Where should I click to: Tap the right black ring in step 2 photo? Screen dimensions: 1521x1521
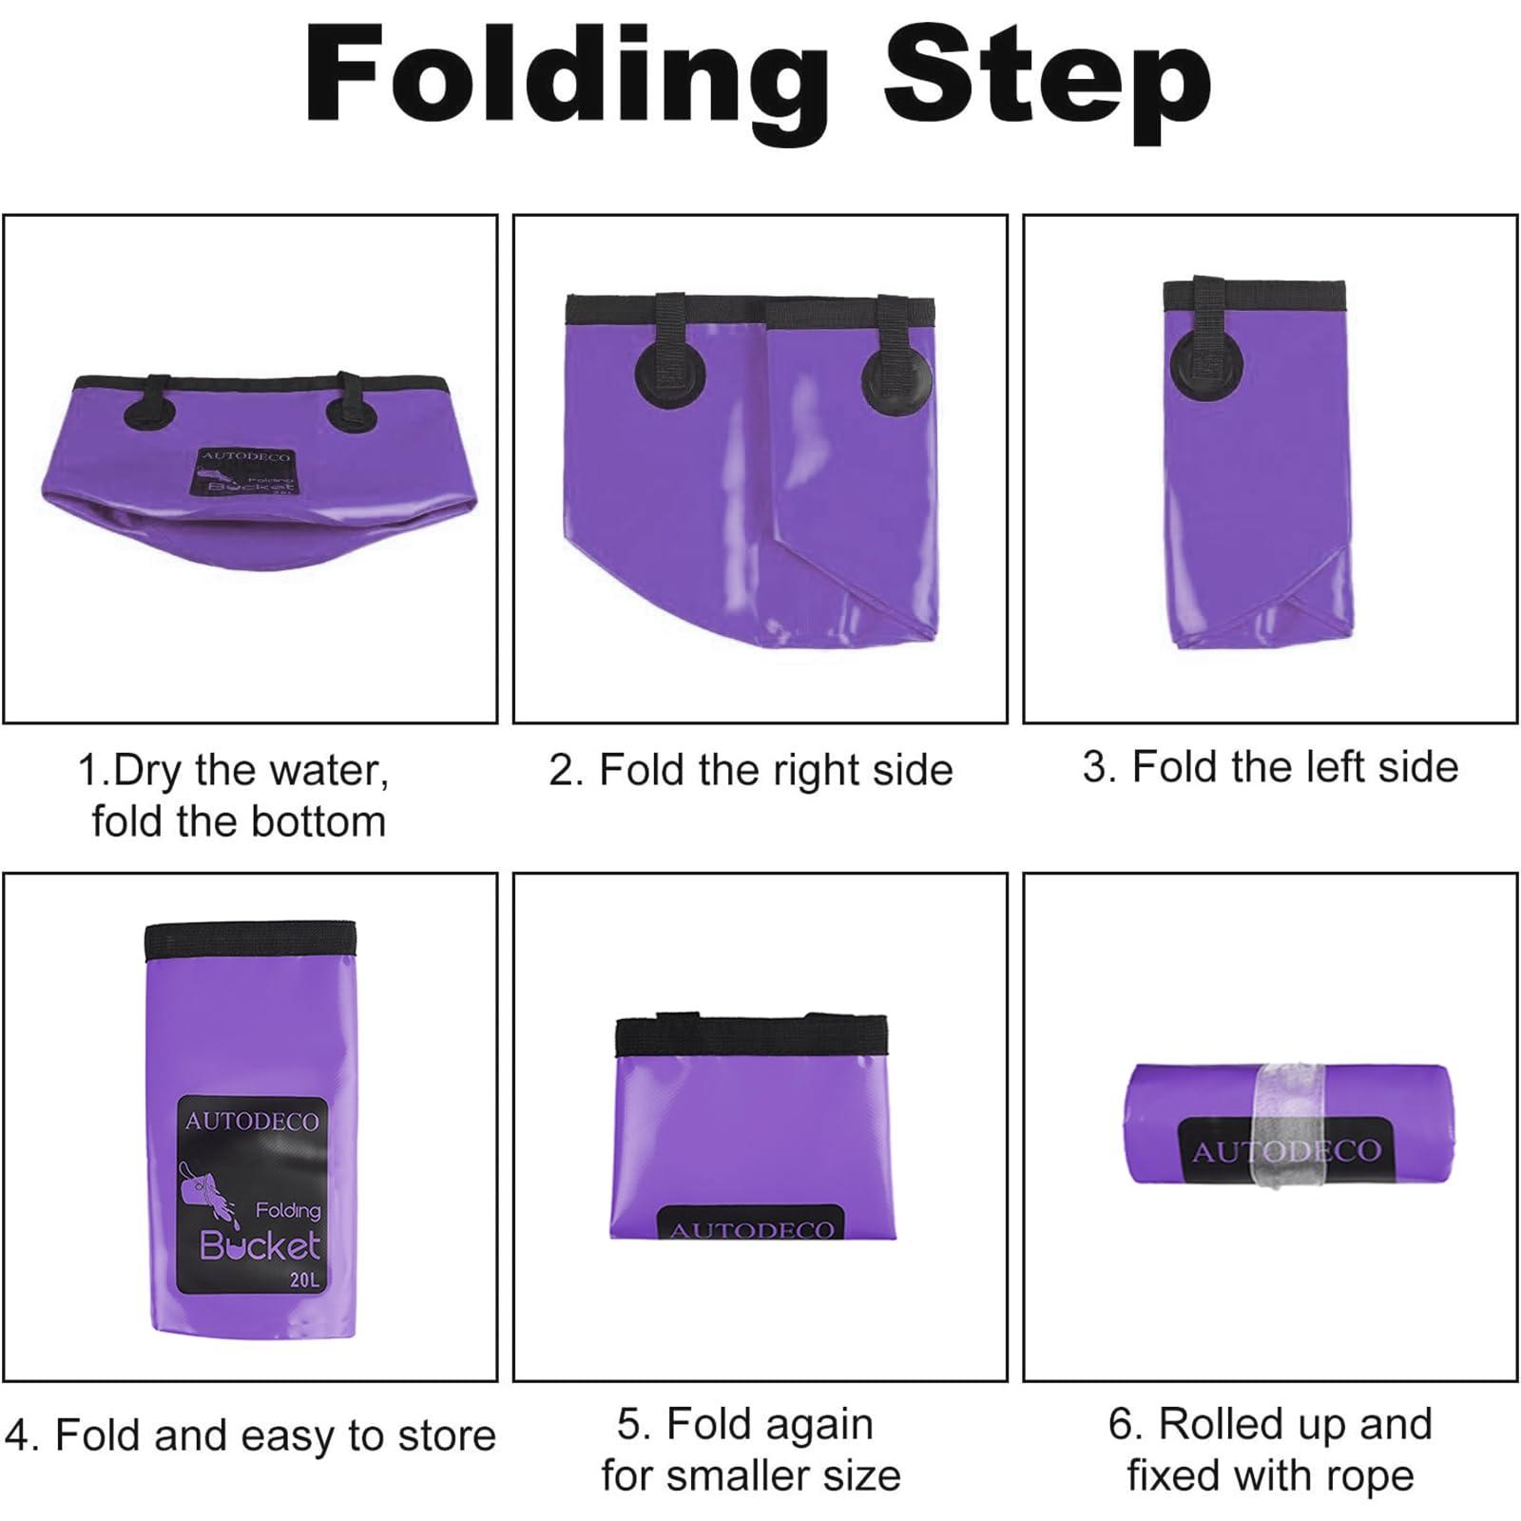point(896,380)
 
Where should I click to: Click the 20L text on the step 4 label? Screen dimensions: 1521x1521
point(304,1280)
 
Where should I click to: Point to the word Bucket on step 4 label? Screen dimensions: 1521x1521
point(260,1245)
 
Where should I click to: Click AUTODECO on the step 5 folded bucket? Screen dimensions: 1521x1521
point(751,1230)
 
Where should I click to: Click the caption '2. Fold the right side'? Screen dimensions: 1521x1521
point(750,770)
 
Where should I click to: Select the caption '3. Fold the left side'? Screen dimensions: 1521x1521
point(1270,767)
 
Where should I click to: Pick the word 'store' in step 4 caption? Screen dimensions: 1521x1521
point(446,1435)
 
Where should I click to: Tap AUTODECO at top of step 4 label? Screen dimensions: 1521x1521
point(252,1122)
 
